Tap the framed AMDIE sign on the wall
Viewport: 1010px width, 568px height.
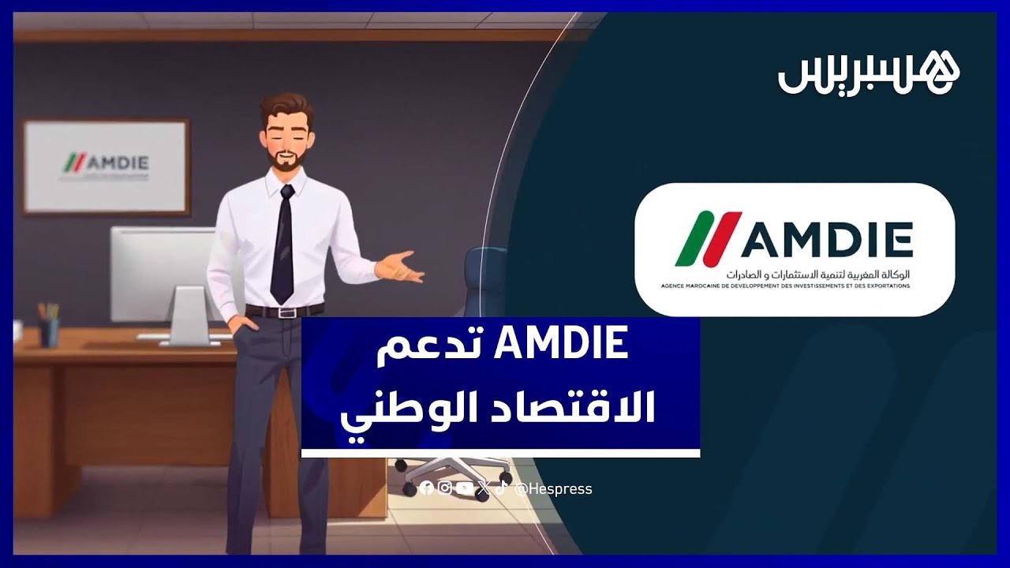coord(107,166)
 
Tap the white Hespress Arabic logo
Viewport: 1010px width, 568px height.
coord(869,73)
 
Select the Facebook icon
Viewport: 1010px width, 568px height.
coord(426,488)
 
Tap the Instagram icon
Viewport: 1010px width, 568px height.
coord(445,488)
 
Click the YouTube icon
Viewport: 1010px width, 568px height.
coord(465,488)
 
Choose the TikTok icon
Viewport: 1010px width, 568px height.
coord(501,488)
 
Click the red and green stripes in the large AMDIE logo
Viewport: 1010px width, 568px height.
coord(707,238)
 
